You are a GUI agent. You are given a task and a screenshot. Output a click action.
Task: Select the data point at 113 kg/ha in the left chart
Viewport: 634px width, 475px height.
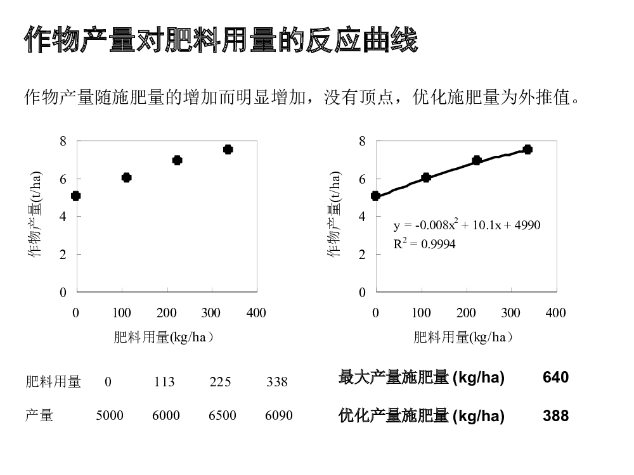(126, 177)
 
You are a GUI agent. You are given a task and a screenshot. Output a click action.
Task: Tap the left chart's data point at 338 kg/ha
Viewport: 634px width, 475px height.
(228, 149)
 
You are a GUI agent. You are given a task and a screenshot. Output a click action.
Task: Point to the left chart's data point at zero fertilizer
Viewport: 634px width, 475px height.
(76, 196)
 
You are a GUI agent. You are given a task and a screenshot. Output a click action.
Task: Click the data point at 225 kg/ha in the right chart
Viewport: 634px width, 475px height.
(477, 160)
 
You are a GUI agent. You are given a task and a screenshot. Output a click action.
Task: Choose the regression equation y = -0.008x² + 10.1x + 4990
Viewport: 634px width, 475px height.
(467, 225)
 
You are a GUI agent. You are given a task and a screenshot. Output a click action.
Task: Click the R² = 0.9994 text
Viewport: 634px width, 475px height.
(424, 244)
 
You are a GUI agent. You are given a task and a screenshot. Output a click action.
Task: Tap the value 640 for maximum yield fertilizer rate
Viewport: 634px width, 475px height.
(555, 377)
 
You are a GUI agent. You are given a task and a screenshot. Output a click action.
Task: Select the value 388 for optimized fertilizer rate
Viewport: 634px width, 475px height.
(555, 416)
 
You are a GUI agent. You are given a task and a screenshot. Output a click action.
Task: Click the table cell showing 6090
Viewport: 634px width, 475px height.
(279, 416)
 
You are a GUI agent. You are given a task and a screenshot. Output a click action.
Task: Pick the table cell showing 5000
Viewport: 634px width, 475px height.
(110, 416)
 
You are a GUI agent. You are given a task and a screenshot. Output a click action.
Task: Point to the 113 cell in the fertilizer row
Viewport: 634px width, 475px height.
(164, 382)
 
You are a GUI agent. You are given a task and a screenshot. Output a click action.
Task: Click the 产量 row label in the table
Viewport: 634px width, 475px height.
(39, 416)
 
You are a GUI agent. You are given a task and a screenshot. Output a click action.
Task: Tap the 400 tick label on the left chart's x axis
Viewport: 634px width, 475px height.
(256, 313)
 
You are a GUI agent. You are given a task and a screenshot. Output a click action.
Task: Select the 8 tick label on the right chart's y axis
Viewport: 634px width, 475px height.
(362, 141)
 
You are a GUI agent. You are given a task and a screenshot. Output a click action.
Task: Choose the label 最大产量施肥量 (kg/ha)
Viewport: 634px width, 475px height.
(422, 378)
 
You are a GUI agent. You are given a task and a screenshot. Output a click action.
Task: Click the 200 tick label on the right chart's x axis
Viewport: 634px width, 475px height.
(466, 313)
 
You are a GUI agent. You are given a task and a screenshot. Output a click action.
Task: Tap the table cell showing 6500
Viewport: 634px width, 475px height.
(222, 416)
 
